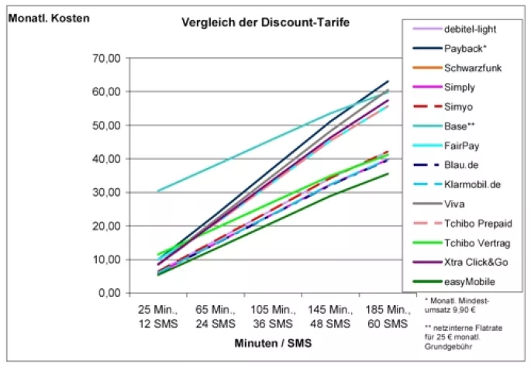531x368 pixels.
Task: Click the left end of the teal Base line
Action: point(158,191)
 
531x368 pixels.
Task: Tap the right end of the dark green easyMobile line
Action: point(388,174)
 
